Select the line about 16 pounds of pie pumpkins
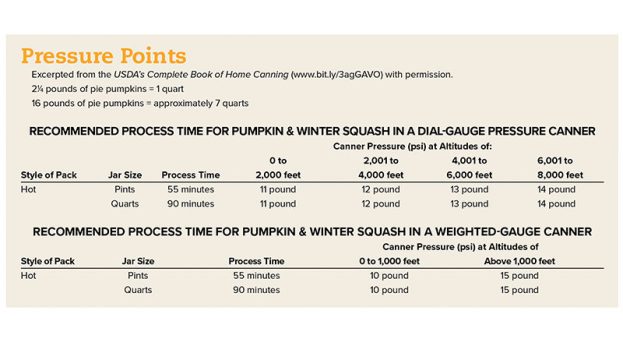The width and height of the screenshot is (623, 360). [125, 103]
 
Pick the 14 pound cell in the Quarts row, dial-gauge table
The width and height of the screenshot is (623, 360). [556, 204]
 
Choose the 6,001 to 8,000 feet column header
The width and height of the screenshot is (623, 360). [556, 167]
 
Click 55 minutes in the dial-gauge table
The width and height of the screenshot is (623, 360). [189, 189]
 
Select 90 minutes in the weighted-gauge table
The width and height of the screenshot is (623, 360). [255, 290]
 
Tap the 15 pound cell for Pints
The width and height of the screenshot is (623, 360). [518, 275]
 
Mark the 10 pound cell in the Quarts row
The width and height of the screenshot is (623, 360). [388, 290]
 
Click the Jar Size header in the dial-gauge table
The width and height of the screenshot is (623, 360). [125, 175]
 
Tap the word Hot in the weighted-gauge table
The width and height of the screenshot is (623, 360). [30, 275]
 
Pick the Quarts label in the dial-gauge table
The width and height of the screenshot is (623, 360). [125, 204]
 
